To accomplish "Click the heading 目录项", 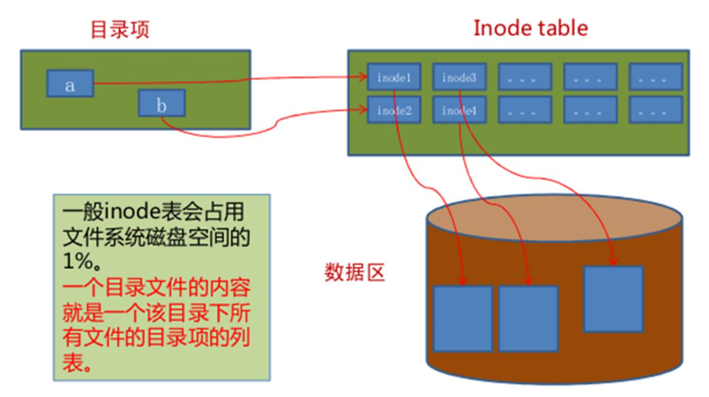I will (x=120, y=30).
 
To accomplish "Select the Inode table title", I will (x=530, y=28).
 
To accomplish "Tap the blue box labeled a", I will (x=70, y=84).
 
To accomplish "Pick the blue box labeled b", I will (x=161, y=104).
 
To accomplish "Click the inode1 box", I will (x=394, y=77).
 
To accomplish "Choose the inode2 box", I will (x=394, y=110).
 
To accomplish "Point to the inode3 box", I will (x=459, y=77).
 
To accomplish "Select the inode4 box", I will (x=459, y=110).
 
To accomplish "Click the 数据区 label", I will (x=355, y=271).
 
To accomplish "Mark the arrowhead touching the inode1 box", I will (x=363, y=77).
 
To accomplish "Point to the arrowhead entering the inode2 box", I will (x=363, y=111).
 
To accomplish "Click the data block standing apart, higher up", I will (x=613, y=299).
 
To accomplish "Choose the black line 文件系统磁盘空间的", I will (x=156, y=235).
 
